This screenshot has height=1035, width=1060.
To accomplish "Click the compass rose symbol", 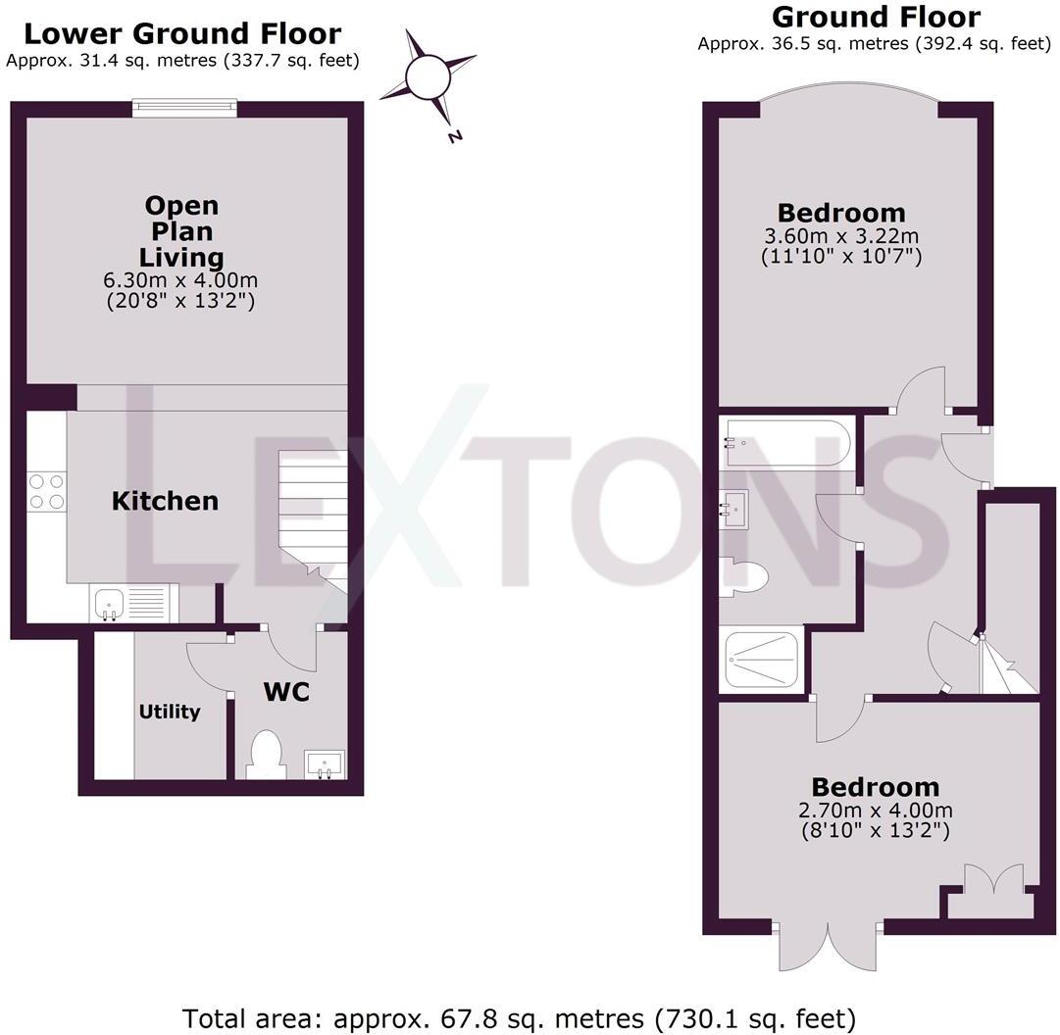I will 429,77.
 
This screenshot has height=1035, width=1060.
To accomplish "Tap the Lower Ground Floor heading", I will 182,34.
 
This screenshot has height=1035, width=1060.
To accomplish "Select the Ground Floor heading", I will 876,17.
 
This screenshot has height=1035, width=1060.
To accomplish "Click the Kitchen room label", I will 165,501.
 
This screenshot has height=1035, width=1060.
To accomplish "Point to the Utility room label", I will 170,712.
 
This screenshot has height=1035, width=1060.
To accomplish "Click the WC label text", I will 286,692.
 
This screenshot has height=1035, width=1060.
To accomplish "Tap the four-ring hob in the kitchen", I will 46,491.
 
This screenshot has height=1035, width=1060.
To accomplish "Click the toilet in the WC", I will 266,756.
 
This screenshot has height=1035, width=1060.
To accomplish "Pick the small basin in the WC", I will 324,763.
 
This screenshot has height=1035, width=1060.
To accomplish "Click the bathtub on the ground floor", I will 787,442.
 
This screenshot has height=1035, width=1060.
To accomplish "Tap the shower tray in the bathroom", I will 761,661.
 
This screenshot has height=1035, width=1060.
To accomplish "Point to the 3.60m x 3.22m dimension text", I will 840,237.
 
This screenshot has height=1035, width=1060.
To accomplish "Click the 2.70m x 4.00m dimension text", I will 874,811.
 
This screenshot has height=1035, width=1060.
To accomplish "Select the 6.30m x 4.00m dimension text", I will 182,281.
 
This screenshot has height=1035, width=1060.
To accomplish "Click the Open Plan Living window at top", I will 185,107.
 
